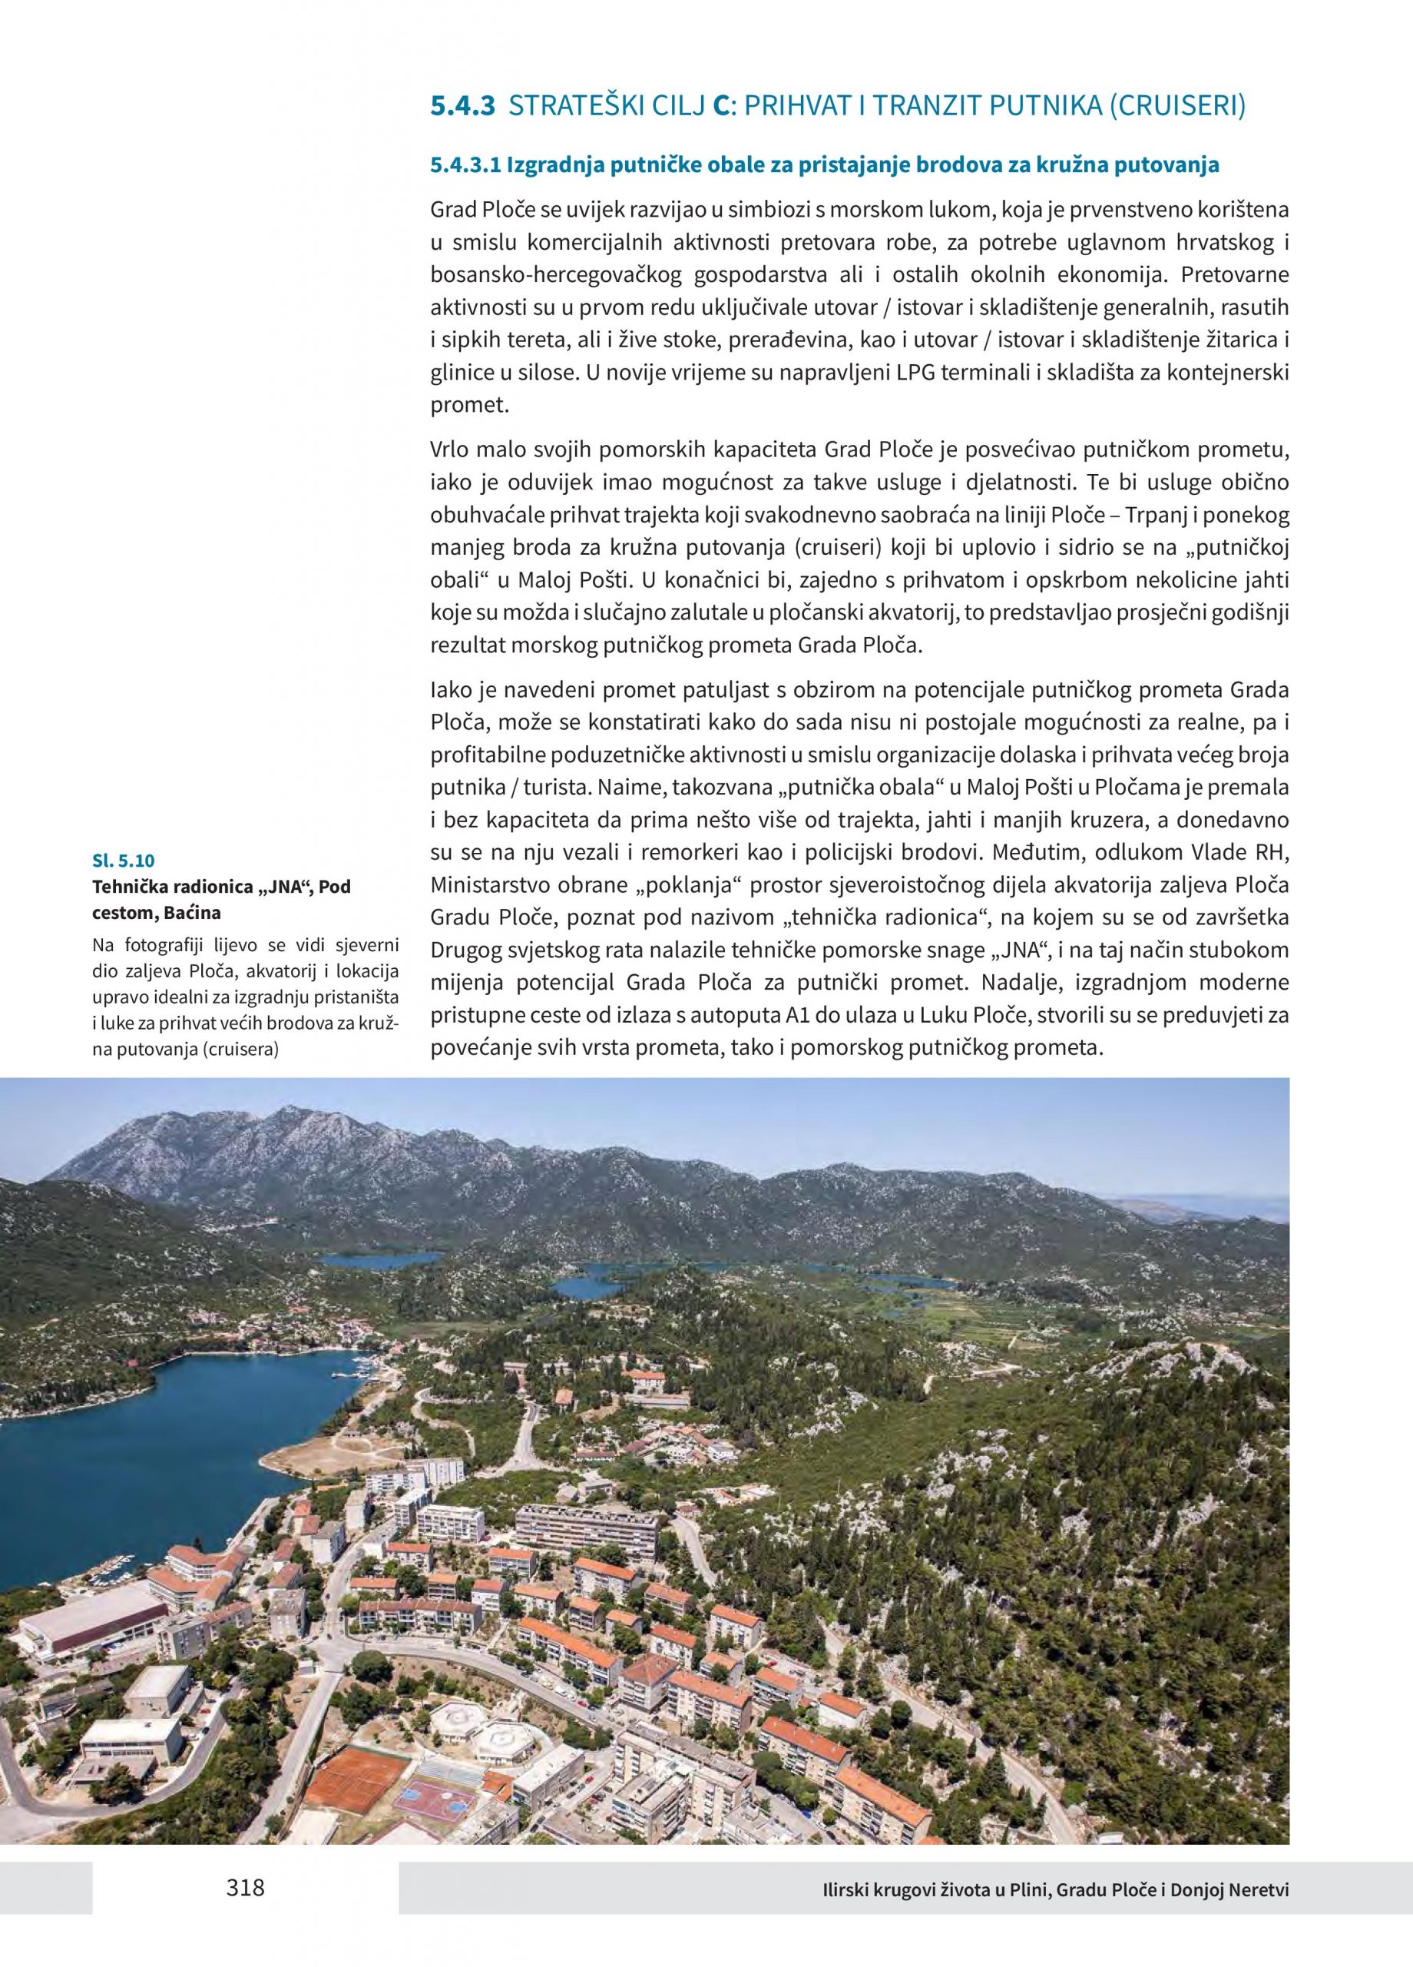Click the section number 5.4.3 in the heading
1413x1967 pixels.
click(x=463, y=107)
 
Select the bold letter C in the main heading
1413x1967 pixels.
click(x=720, y=107)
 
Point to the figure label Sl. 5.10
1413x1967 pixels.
click(x=122, y=861)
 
